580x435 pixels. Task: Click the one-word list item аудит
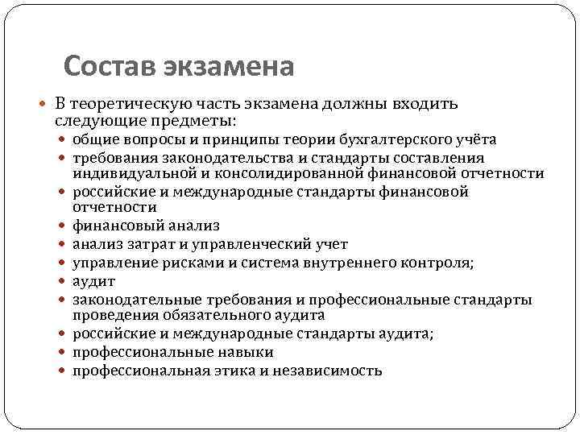pyautogui.click(x=94, y=281)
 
